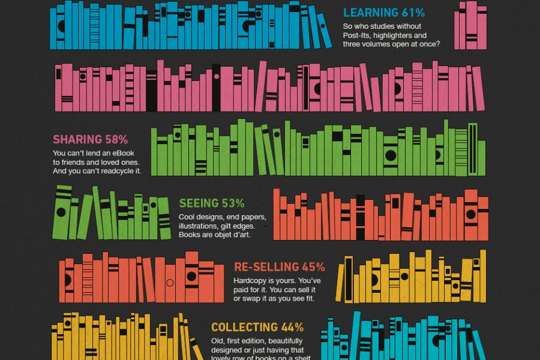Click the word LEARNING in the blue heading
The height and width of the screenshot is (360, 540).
coord(370,13)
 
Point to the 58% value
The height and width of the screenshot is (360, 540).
coord(116,140)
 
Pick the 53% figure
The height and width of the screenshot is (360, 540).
coord(233,203)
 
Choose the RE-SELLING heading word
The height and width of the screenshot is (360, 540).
coord(266,267)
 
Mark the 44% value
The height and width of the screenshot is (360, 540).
coord(292,328)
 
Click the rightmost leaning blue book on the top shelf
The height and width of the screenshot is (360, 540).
coord(324,31)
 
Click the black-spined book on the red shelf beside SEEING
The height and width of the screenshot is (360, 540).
coord(360,217)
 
